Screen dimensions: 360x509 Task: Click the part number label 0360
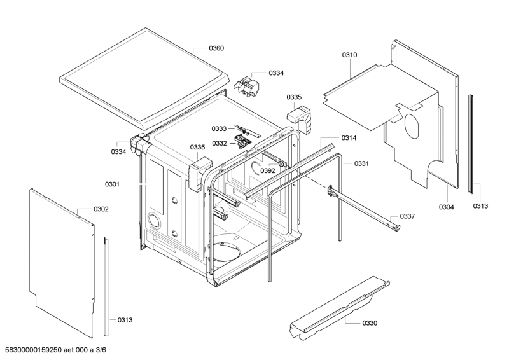point(216,48)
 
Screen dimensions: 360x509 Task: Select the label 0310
point(350,55)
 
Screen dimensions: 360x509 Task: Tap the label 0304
point(446,207)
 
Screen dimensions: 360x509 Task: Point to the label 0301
point(112,184)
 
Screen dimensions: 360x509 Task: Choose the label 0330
point(370,323)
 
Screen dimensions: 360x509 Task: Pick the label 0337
point(407,216)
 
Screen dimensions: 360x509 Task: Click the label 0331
point(361,164)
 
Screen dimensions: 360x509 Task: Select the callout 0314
point(349,138)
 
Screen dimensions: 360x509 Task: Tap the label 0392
point(268,170)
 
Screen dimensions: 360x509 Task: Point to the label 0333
point(219,128)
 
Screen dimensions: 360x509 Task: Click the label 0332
point(219,143)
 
